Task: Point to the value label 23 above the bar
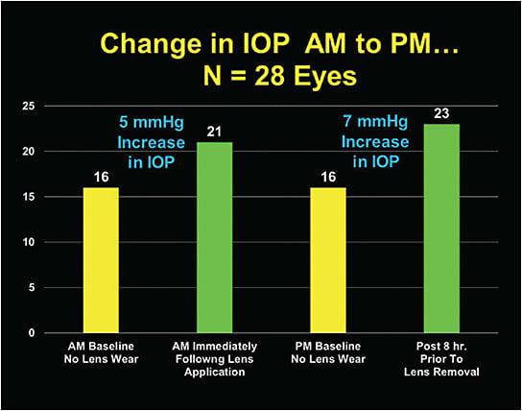442,113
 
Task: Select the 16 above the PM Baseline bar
328,177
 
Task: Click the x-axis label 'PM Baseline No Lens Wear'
328,351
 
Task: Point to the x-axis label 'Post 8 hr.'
442,345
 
